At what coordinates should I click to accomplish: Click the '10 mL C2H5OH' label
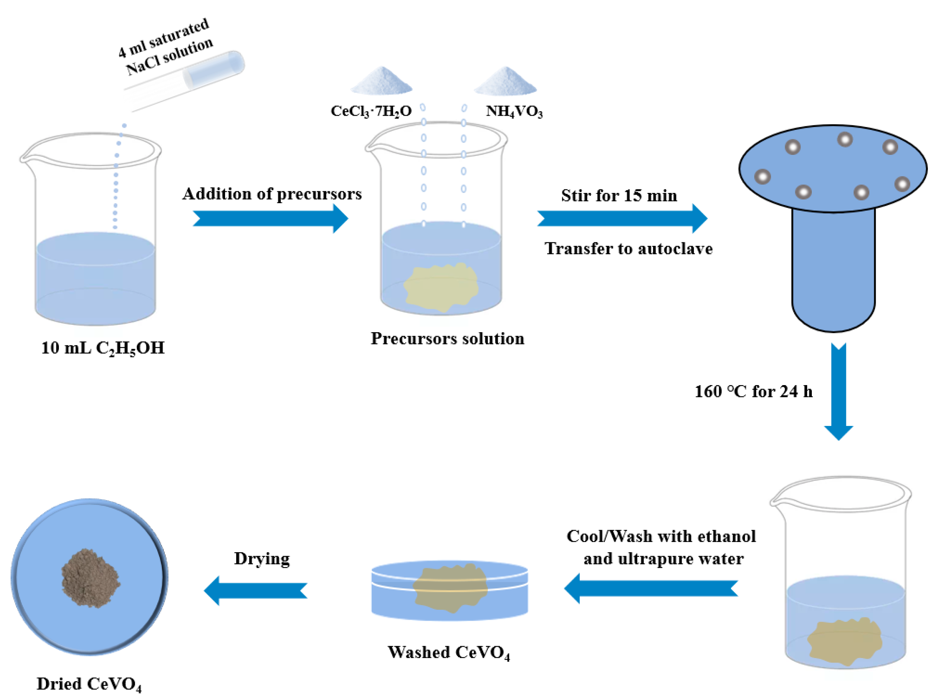pyautogui.click(x=102, y=348)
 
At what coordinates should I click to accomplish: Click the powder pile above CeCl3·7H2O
pyautogui.click(x=381, y=81)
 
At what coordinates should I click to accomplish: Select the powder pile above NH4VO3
pyautogui.click(x=505, y=81)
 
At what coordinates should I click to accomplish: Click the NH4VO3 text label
pyautogui.click(x=514, y=111)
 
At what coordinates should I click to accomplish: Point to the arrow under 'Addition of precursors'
pyautogui.click(x=270, y=218)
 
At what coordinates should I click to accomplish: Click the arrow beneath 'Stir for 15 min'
pyautogui.click(x=622, y=218)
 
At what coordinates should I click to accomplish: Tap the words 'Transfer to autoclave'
pyautogui.click(x=628, y=249)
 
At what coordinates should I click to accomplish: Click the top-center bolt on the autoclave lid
pyautogui.click(x=844, y=139)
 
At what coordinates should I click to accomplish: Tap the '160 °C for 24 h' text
pyautogui.click(x=753, y=392)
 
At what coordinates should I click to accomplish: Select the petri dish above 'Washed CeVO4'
pyautogui.click(x=449, y=590)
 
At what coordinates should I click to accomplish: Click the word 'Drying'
pyautogui.click(x=262, y=559)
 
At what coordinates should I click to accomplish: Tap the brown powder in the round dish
pyautogui.click(x=90, y=578)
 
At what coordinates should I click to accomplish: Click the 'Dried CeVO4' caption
pyautogui.click(x=89, y=684)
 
